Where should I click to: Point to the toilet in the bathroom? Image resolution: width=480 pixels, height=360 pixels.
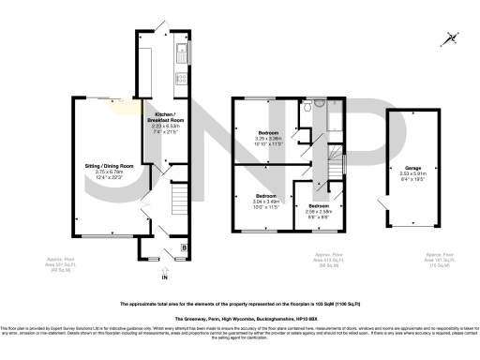pyautogui.click(x=307, y=111)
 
